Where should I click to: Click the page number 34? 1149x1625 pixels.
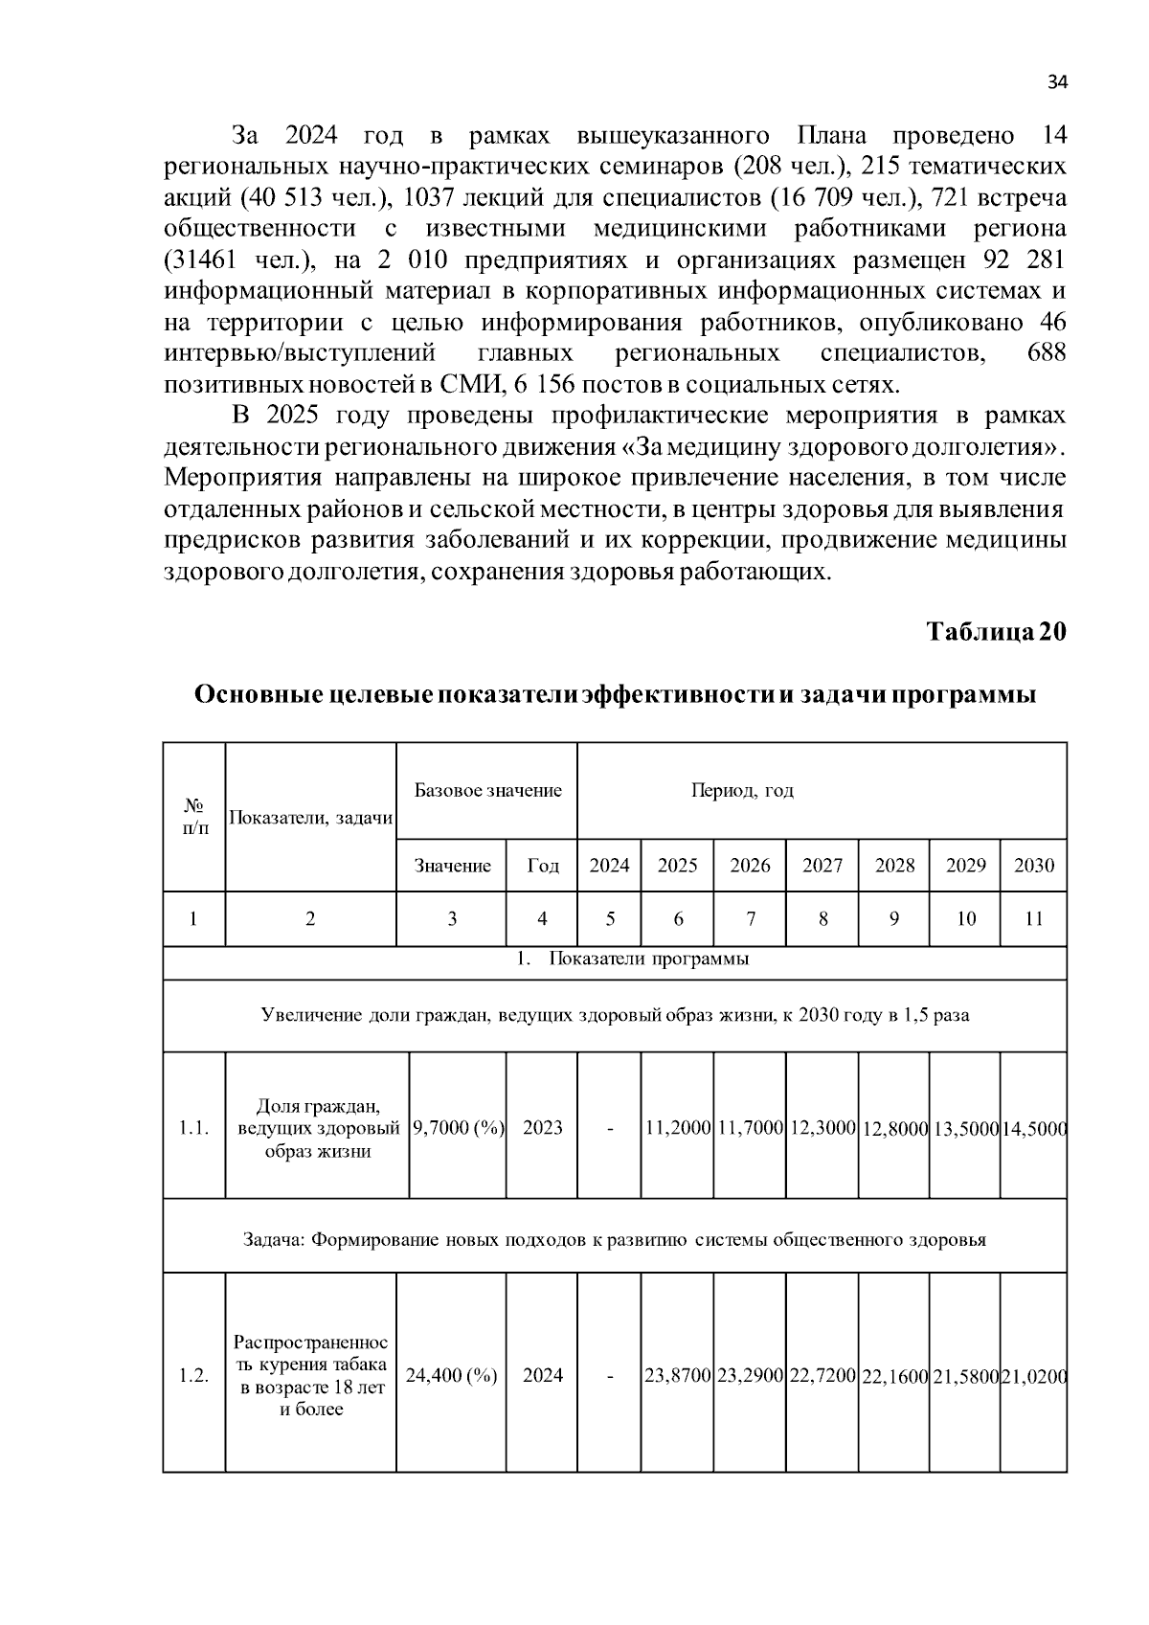1056,82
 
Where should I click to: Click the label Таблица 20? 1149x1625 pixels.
996,632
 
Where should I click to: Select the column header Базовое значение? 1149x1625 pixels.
487,791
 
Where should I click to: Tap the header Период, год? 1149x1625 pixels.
742,791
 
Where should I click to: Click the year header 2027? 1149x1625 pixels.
822,866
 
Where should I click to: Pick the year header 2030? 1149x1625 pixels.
1033,866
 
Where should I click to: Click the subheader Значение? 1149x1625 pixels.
452,866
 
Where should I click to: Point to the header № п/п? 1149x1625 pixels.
194,817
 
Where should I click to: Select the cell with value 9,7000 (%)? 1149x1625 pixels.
458,1127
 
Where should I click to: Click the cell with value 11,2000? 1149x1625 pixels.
677,1127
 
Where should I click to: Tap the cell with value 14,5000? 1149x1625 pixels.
1033,1128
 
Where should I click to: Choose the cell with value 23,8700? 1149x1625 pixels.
677,1375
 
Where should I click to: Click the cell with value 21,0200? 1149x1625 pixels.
1033,1375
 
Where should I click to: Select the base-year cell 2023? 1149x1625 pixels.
542,1127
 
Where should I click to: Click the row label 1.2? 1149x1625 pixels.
194,1375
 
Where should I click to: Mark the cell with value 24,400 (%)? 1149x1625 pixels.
451,1375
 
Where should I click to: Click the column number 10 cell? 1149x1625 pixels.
965,919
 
